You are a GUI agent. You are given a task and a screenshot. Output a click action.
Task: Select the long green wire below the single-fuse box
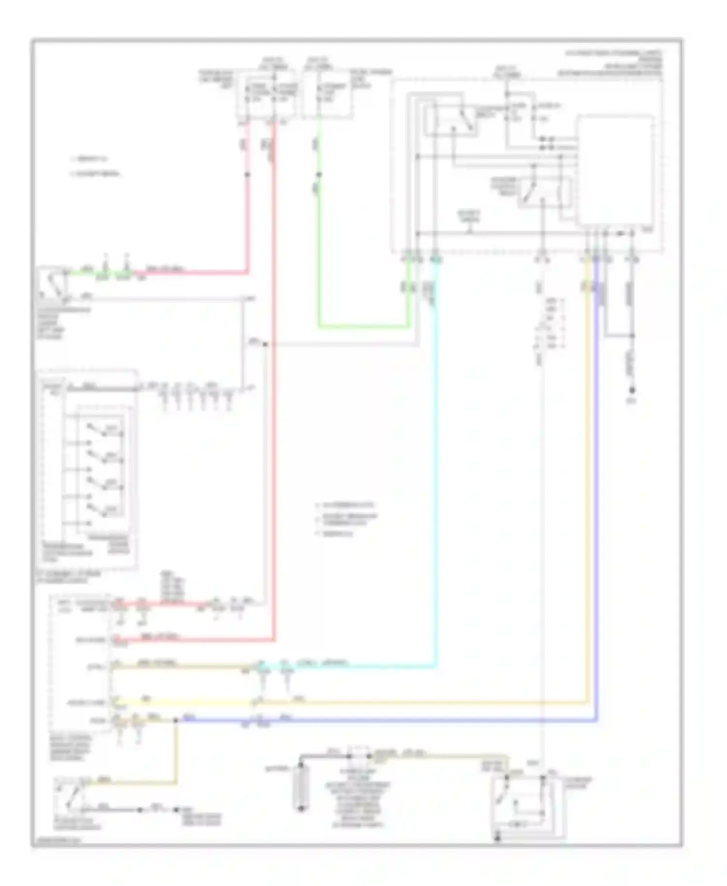tap(318, 252)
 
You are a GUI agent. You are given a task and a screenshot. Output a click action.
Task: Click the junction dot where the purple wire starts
tap(175, 721)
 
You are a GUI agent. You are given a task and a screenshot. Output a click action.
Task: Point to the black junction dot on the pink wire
tap(247, 174)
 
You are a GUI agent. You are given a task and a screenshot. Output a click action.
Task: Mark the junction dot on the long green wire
tap(318, 174)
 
